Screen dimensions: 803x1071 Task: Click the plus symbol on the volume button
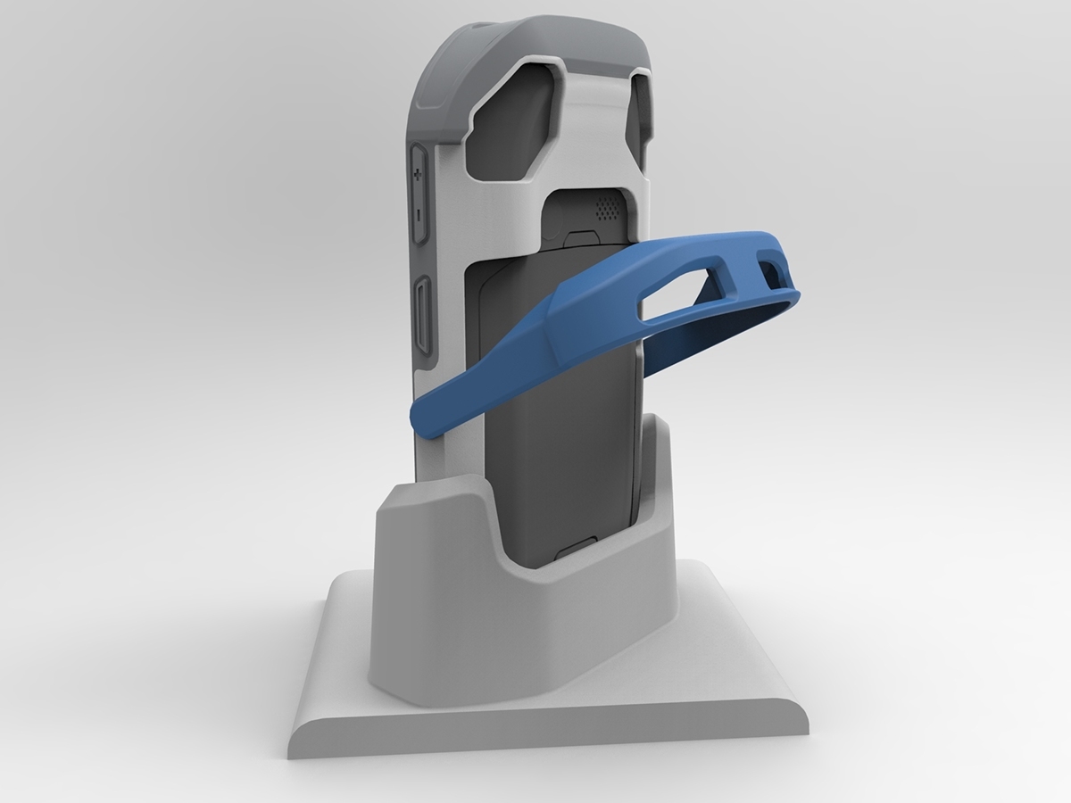418,177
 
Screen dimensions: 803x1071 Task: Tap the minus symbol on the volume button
418,214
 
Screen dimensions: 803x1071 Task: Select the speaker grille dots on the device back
606,210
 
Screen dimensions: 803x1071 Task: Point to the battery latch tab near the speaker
581,237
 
